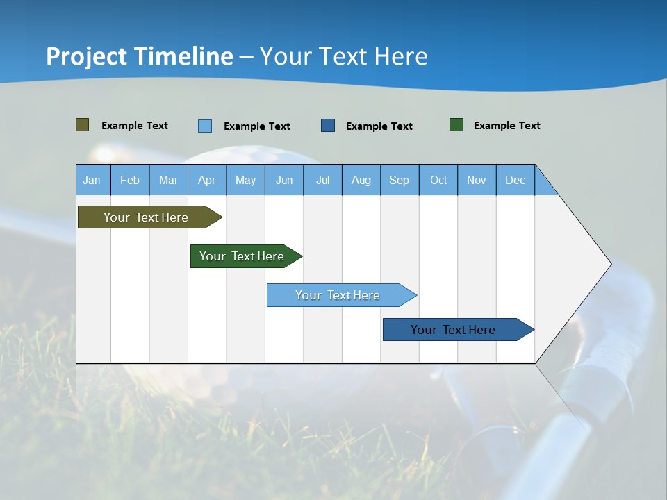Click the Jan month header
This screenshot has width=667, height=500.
(92, 180)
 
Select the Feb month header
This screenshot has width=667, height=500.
(130, 180)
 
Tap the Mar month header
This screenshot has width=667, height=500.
(168, 180)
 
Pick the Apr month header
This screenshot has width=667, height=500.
(207, 180)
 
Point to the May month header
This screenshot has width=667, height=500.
(245, 180)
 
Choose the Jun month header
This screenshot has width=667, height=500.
(284, 180)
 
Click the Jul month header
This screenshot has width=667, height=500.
(322, 180)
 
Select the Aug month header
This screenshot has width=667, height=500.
(361, 180)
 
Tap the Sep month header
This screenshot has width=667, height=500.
(400, 180)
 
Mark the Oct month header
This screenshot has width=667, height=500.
(438, 180)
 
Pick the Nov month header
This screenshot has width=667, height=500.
(477, 180)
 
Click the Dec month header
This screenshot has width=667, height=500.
(516, 180)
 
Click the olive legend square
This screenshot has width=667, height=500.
(83, 125)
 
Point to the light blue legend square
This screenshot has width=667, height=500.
(205, 126)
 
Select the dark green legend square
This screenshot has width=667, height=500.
(456, 125)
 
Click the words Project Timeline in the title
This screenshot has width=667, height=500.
(140, 56)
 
